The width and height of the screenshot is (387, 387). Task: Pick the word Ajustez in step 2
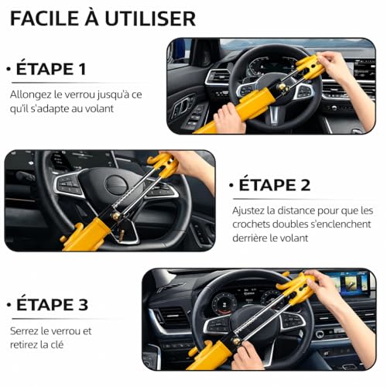pos(250,211)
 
